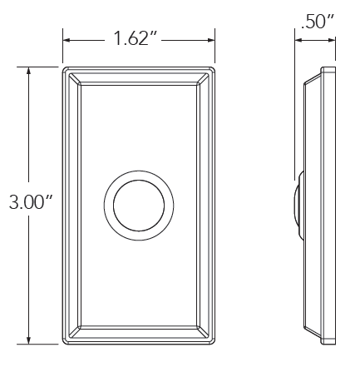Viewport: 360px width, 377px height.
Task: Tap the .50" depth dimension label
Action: click(x=318, y=21)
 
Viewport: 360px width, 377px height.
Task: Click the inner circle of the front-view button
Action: click(x=139, y=205)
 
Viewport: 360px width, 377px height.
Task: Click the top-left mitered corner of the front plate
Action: click(x=74, y=77)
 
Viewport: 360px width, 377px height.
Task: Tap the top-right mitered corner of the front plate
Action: click(x=205, y=77)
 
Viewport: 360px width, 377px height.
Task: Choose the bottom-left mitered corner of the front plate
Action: click(x=74, y=332)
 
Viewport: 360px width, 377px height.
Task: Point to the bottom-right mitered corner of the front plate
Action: click(x=205, y=332)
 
